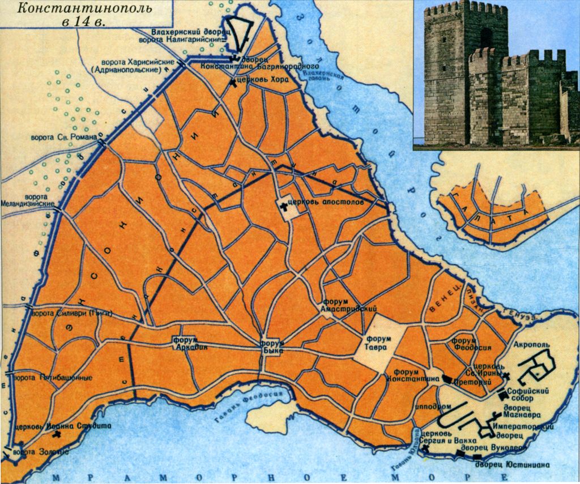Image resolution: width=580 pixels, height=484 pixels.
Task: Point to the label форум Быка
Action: (x=271, y=346)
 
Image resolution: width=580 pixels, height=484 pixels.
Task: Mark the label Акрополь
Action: (x=531, y=344)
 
